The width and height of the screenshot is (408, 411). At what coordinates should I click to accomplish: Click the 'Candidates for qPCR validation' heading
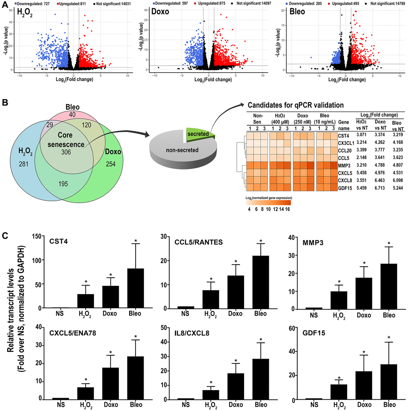point(296,106)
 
